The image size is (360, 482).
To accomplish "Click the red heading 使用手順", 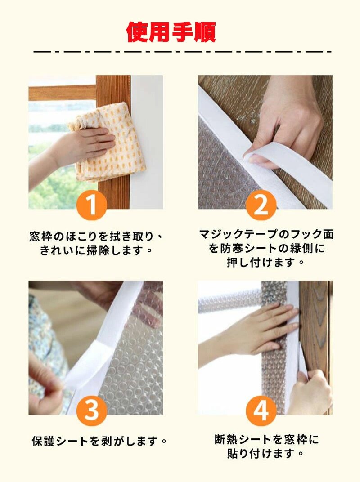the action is point(171,31).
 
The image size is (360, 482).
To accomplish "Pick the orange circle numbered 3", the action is point(92,410).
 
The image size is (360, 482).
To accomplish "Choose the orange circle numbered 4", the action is point(261,410).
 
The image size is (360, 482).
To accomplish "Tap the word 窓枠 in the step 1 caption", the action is point(41,237).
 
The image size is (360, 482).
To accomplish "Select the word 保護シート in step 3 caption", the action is point(60,442).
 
